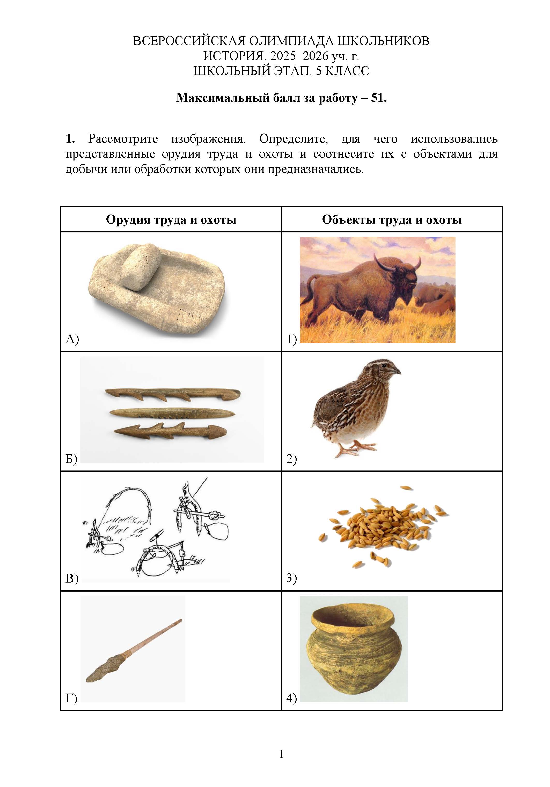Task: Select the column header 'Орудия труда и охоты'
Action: tap(171, 219)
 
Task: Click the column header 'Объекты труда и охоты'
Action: tap(392, 219)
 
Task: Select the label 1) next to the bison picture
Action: tap(291, 339)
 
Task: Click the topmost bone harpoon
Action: tap(172, 394)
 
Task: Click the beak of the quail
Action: tap(397, 371)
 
